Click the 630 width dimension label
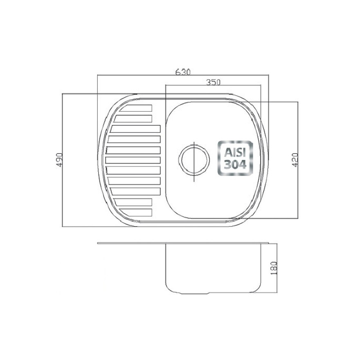coord(183,72)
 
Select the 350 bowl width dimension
coord(213,82)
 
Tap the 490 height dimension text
coord(59,160)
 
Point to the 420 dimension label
coord(295,160)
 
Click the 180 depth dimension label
coord(274,268)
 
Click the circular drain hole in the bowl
coord(194,160)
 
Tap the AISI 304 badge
coord(235,158)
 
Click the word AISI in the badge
coord(235,152)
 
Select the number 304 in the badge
coord(235,164)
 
